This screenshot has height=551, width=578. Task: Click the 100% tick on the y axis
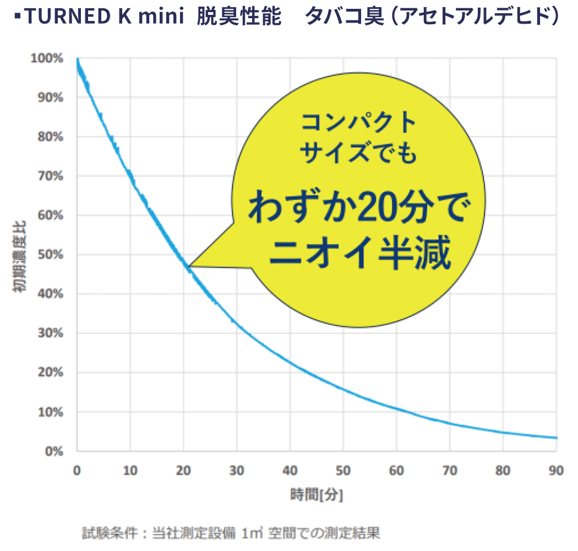coord(51,58)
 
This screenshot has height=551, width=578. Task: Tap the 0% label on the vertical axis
coord(56,451)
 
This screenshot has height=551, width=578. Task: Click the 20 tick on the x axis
coord(183,471)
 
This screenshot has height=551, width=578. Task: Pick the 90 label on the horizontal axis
coord(556,471)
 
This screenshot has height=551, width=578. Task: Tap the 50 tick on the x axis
coord(343,471)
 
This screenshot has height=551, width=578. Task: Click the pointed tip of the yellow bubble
coord(189,267)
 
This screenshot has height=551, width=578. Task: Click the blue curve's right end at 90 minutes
coord(556,438)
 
